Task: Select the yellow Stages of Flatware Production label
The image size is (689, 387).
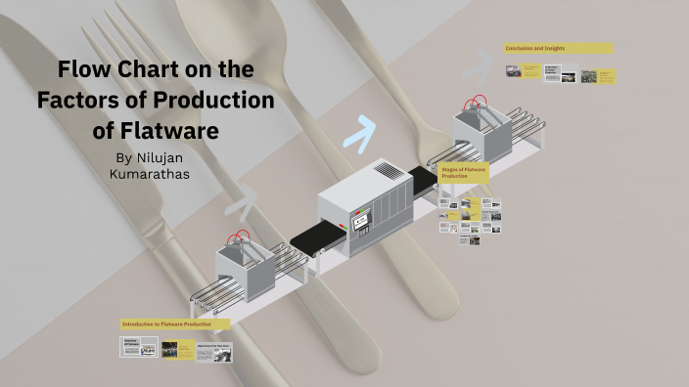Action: tap(464, 173)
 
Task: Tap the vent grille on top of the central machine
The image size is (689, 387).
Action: tap(389, 170)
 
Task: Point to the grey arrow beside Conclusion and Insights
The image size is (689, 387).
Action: tap(479, 65)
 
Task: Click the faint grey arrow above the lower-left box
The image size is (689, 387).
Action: tap(242, 201)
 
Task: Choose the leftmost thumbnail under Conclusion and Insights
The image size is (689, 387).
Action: tap(513, 71)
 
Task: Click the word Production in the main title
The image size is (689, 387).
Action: tap(203, 100)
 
